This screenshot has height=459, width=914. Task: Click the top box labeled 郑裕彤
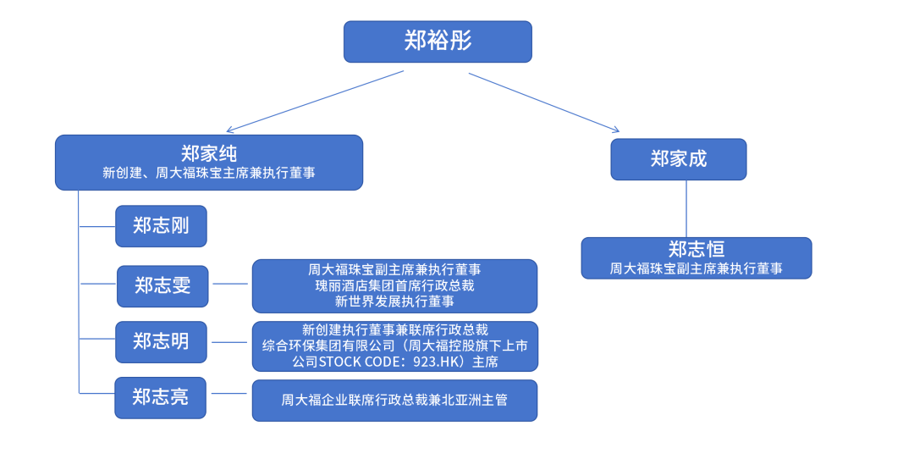[438, 41]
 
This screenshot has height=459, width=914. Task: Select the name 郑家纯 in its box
[209, 153]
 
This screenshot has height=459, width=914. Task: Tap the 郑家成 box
[678, 159]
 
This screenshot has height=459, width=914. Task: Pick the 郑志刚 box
[161, 226]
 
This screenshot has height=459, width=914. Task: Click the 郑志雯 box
[162, 286]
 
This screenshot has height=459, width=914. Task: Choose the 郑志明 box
[161, 342]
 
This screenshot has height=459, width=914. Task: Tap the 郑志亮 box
[160, 397]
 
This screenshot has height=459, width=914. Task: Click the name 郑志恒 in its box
[696, 249]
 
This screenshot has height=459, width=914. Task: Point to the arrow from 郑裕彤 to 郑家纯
[315, 102]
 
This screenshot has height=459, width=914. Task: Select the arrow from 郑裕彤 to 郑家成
[543, 102]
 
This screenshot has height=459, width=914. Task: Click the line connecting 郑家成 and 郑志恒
[686, 208]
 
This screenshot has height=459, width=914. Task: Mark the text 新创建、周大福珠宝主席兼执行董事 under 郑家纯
[209, 173]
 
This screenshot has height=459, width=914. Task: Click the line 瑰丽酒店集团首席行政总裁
[394, 285]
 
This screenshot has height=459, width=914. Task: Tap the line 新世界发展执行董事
[394, 301]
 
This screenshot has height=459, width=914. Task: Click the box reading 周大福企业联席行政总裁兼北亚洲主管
[394, 400]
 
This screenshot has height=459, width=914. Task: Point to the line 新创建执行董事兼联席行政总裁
[394, 329]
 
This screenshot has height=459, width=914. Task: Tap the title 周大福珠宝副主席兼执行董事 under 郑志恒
[696, 268]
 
